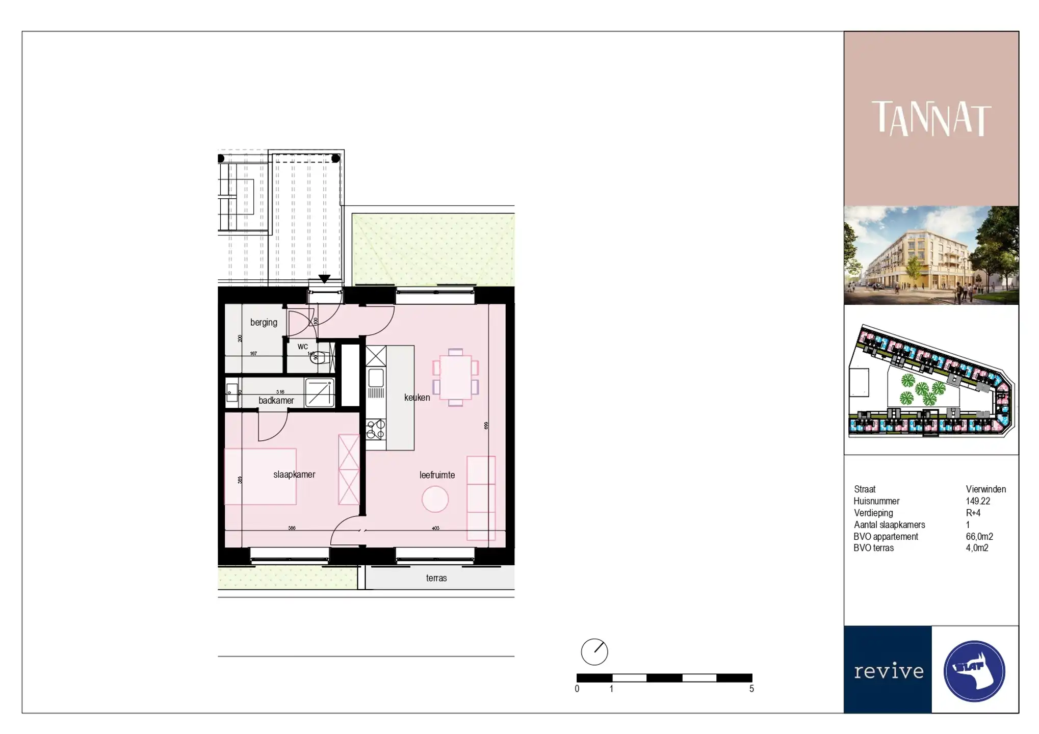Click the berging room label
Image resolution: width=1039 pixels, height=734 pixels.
click(264, 322)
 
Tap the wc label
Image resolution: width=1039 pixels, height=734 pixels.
click(302, 347)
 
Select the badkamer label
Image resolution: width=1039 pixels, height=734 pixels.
click(276, 401)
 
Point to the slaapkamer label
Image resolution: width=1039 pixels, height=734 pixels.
click(294, 475)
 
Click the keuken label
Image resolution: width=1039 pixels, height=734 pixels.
click(417, 398)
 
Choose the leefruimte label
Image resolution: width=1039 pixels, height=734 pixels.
click(437, 475)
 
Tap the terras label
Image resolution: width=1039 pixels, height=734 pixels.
click(436, 578)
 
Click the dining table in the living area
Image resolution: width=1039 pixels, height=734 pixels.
click(455, 378)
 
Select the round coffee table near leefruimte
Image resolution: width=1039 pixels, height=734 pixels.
click(435, 499)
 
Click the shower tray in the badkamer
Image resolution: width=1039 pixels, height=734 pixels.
click(320, 392)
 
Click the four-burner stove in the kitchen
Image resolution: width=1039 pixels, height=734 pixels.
click(376, 429)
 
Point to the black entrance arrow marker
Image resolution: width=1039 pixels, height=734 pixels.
click(324, 279)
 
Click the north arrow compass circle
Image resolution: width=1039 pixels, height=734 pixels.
click(594, 652)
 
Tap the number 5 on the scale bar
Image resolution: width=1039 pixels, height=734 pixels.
click(751, 689)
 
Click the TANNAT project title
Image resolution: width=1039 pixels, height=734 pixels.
click(931, 118)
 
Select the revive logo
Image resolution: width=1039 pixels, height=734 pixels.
click(888, 670)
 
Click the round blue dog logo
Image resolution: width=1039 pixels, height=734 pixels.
click(974, 671)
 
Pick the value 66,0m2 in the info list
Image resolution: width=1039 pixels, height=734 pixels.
click(979, 537)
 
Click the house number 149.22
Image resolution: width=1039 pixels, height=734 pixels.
click(978, 501)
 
